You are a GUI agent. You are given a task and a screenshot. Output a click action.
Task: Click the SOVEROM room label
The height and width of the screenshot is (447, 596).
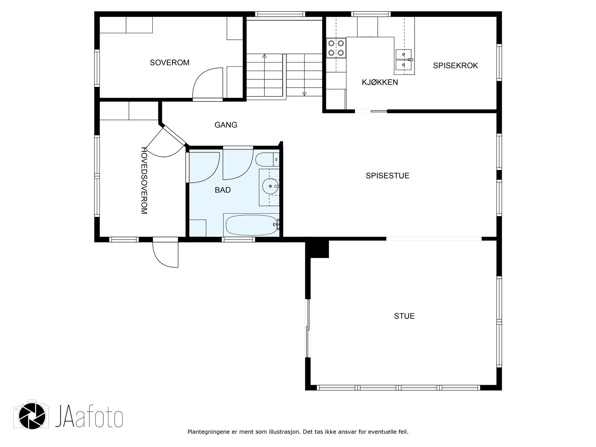[x=169, y=63]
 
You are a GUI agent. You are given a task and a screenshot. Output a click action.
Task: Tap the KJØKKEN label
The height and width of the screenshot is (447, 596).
[x=380, y=82]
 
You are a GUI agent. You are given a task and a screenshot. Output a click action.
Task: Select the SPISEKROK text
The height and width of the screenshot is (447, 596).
[x=455, y=66]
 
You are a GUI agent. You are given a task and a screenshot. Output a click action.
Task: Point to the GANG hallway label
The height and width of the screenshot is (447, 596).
[x=226, y=125]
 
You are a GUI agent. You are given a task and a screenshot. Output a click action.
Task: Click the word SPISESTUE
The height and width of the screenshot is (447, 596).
[x=387, y=176]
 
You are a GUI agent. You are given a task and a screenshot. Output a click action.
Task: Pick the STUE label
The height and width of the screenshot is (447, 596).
[x=404, y=316]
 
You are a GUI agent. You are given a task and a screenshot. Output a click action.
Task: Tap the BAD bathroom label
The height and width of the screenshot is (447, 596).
[x=223, y=190]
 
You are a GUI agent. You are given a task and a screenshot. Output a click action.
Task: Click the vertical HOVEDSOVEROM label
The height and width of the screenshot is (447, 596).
[x=144, y=181]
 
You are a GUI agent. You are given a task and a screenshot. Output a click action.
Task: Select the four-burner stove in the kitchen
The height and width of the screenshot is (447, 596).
[x=336, y=48]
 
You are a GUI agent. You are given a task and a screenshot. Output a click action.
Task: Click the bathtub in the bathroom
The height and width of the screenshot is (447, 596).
[x=251, y=225]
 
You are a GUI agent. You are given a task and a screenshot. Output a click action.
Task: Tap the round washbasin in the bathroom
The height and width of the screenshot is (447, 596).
[x=270, y=187]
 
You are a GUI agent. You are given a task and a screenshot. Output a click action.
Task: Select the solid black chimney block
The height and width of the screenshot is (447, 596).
[x=317, y=249]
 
